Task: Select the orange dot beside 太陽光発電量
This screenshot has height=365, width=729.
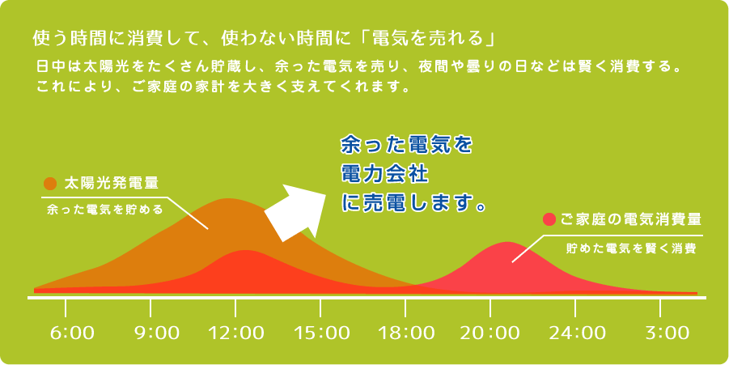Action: (x=49, y=184)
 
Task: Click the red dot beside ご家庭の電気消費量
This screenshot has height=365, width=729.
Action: (x=549, y=219)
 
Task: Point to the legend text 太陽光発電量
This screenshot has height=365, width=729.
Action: (x=111, y=184)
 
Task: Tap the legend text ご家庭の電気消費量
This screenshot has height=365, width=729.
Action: (x=631, y=219)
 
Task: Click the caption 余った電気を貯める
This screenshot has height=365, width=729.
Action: (x=105, y=210)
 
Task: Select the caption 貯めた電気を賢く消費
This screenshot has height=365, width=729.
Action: (x=631, y=248)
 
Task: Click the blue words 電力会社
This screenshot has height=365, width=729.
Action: (x=384, y=175)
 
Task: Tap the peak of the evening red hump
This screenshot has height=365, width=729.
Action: (x=506, y=242)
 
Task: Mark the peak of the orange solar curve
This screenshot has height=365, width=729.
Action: (x=228, y=199)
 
